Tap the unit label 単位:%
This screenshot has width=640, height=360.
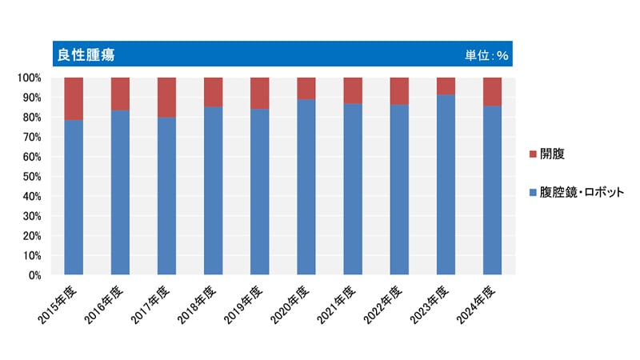point(487,55)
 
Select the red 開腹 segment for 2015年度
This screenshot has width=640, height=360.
point(74,98)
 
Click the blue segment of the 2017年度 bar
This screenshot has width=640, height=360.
point(167,196)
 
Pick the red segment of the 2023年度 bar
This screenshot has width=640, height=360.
point(446,86)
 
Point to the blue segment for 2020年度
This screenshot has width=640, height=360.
point(306,187)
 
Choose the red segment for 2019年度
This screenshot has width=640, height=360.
point(260,93)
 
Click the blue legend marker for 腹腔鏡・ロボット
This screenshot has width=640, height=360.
point(533,193)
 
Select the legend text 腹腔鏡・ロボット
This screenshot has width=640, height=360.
point(583,193)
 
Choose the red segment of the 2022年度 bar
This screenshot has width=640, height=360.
point(400,91)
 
